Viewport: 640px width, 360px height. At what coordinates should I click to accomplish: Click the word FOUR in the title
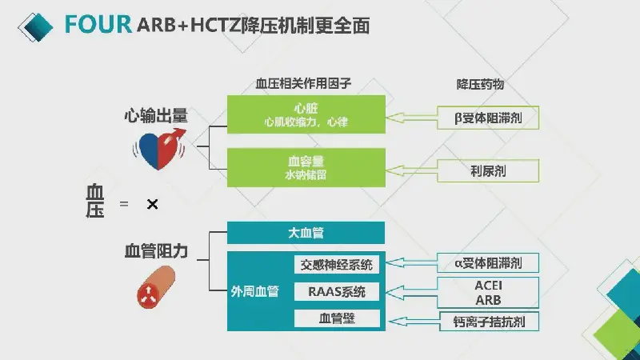[x=98, y=24]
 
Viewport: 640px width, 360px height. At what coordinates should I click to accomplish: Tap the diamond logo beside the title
[x=35, y=27]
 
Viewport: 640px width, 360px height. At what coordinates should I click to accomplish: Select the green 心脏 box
[x=306, y=114]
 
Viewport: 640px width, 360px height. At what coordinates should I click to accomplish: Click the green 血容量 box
[x=306, y=168]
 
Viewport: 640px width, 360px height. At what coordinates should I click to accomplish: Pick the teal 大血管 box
[x=306, y=233]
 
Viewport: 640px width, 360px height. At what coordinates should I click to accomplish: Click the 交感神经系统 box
[x=337, y=265]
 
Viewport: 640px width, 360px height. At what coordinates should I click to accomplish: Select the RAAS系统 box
[x=337, y=292]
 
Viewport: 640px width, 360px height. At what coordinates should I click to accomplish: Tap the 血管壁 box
[x=337, y=318]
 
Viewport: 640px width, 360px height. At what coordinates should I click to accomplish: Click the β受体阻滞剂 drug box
[x=488, y=118]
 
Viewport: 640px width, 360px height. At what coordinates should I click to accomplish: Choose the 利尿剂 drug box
[x=488, y=170]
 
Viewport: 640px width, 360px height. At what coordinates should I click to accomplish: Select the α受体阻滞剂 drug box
[x=488, y=263]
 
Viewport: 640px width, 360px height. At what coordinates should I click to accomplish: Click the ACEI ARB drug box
[x=488, y=293]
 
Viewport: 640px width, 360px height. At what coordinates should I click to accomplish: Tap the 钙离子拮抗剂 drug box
[x=489, y=322]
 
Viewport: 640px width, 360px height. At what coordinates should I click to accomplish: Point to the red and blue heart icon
[x=159, y=149]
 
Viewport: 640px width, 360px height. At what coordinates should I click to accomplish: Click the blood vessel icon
[x=155, y=287]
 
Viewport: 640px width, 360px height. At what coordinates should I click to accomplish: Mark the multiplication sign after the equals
[x=152, y=204]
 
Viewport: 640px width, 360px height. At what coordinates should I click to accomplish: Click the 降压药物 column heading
[x=480, y=84]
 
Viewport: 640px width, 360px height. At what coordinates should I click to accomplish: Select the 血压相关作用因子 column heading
[x=303, y=84]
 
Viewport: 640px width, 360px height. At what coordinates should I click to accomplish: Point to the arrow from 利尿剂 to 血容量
[x=411, y=170]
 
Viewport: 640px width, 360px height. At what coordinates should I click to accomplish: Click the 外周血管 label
[x=254, y=291]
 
